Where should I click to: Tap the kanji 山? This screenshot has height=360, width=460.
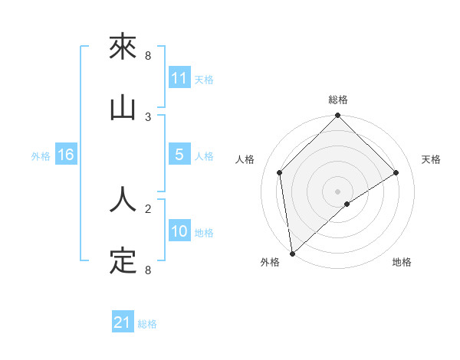pyautogui.click(x=123, y=108)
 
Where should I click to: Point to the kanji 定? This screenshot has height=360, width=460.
pyautogui.click(x=123, y=261)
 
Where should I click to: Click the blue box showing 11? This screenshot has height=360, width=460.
pyautogui.click(x=179, y=77)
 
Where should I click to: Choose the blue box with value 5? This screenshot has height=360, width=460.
pyautogui.click(x=179, y=155)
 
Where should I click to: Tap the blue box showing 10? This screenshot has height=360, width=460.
pyautogui.click(x=179, y=231)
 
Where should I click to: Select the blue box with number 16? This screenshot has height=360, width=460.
pyautogui.click(x=66, y=155)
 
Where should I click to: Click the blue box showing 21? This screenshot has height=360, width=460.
pyautogui.click(x=123, y=322)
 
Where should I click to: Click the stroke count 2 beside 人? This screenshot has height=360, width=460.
pyautogui.click(x=148, y=208)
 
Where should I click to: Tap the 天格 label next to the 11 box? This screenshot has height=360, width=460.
pyautogui.click(x=204, y=79)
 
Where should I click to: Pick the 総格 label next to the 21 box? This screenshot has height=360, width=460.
pyautogui.click(x=147, y=324)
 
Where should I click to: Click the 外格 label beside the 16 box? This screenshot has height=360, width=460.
pyautogui.click(x=41, y=156)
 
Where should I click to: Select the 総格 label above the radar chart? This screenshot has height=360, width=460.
pyautogui.click(x=338, y=100)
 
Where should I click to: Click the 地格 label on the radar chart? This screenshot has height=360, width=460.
pyautogui.click(x=402, y=263)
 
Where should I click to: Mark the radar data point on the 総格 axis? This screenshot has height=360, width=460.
pyautogui.click(x=338, y=116)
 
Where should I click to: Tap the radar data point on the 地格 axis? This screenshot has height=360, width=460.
pyautogui.click(x=347, y=204)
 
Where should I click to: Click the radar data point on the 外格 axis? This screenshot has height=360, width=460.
pyautogui.click(x=292, y=253)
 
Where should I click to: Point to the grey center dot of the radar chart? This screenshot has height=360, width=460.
pyautogui.click(x=338, y=191)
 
